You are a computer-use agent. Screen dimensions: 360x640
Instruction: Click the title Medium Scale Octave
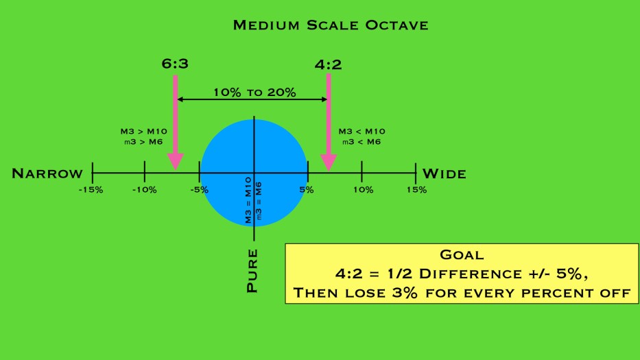331,25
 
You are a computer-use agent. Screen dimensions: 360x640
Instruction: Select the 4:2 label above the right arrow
329,65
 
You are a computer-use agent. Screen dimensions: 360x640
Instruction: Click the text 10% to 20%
254,92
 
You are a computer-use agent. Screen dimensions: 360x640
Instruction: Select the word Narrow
47,173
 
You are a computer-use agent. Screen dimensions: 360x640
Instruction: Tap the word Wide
444,173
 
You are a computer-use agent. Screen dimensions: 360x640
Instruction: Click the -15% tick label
91,189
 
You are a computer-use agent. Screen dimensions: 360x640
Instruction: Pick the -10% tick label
144,189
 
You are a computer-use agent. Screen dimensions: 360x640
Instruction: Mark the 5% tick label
307,189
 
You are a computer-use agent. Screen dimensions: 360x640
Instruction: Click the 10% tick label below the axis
363,189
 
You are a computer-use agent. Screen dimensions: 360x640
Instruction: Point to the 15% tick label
416,189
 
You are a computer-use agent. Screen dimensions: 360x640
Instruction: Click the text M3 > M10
143,131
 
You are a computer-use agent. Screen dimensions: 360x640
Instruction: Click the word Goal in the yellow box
461,254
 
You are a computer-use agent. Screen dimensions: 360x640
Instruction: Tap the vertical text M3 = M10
248,200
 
